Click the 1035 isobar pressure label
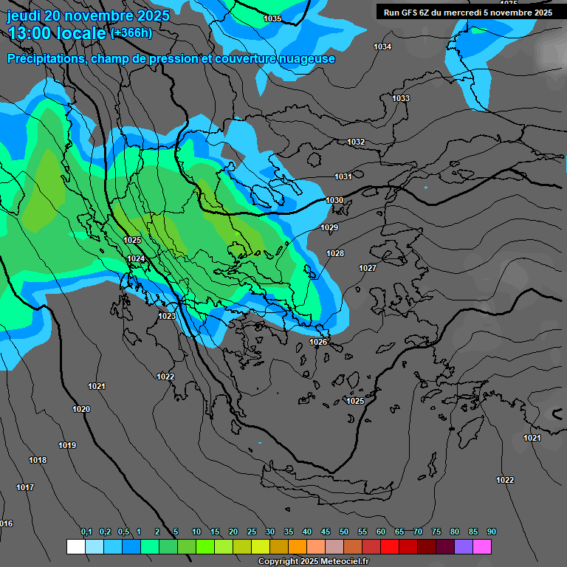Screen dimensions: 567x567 272,18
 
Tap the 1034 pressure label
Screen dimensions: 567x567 382,47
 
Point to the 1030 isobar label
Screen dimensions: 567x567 334,200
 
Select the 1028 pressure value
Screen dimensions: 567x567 335,253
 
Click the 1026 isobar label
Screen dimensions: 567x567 318,342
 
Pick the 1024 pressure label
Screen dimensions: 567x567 136,258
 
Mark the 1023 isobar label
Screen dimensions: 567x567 167,316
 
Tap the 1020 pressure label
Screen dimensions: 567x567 81,409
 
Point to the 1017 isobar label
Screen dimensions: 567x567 25,487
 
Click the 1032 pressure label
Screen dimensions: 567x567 356,142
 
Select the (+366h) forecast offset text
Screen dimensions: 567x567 131,32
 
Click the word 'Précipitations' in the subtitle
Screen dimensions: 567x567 44,58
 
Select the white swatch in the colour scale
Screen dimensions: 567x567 75,546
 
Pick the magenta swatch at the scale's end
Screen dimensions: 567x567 482,546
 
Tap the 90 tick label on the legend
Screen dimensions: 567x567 492,532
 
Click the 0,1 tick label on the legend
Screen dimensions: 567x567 86,532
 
